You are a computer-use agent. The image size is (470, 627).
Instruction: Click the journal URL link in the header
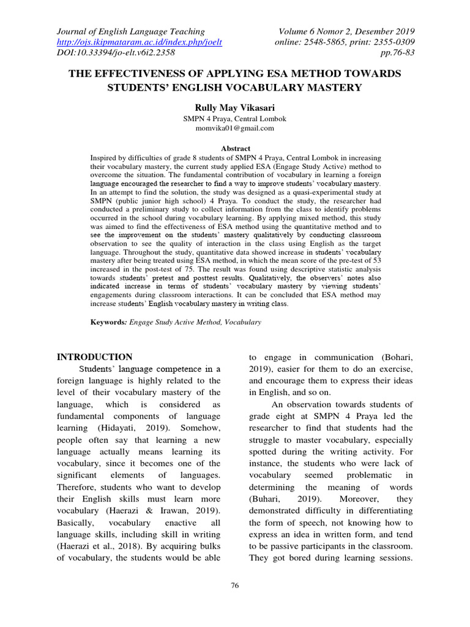pos(139,42)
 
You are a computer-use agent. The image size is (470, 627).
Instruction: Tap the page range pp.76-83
pos(398,53)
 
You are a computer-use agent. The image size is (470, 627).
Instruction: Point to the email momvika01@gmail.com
pos(235,129)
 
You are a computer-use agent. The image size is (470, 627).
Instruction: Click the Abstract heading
pos(236,148)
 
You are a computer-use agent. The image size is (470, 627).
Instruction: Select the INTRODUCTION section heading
pos(94,357)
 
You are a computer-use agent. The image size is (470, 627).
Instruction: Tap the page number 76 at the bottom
pos(234,586)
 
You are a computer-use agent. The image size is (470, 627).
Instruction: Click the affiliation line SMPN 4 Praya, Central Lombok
pos(236,119)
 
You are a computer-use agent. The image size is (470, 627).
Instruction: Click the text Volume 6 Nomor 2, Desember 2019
pos(346,31)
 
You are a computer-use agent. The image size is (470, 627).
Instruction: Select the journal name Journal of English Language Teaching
pos(131,31)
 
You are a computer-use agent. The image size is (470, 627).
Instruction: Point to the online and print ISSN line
pos(345,42)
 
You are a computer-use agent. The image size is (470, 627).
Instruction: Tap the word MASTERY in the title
pos(334,87)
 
